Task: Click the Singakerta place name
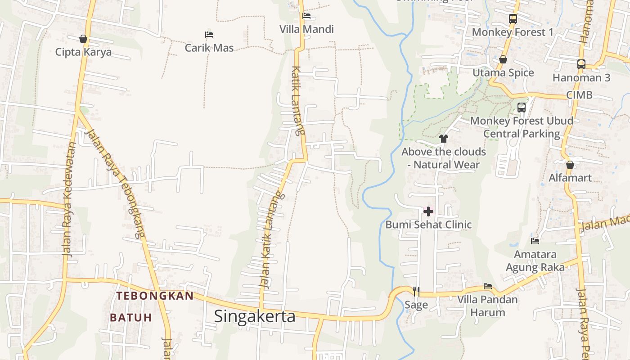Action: click(255, 316)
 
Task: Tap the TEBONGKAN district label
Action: click(155, 296)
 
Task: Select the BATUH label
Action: click(131, 318)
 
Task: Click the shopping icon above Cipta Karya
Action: click(83, 39)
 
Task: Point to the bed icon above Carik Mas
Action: click(209, 34)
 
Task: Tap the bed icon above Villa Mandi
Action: click(306, 16)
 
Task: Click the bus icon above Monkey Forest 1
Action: click(513, 19)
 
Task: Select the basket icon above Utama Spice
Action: click(503, 59)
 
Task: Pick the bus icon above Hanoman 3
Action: click(581, 64)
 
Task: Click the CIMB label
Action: click(579, 95)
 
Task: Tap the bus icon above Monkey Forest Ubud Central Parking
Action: click(522, 108)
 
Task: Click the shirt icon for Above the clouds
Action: click(444, 138)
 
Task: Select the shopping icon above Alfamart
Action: click(570, 165)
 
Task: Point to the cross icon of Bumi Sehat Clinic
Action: click(428, 211)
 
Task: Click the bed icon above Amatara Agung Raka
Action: click(535, 241)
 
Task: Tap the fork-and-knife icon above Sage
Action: click(416, 292)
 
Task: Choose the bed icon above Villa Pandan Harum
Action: click(487, 286)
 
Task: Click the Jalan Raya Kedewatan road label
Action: click(68, 199)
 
